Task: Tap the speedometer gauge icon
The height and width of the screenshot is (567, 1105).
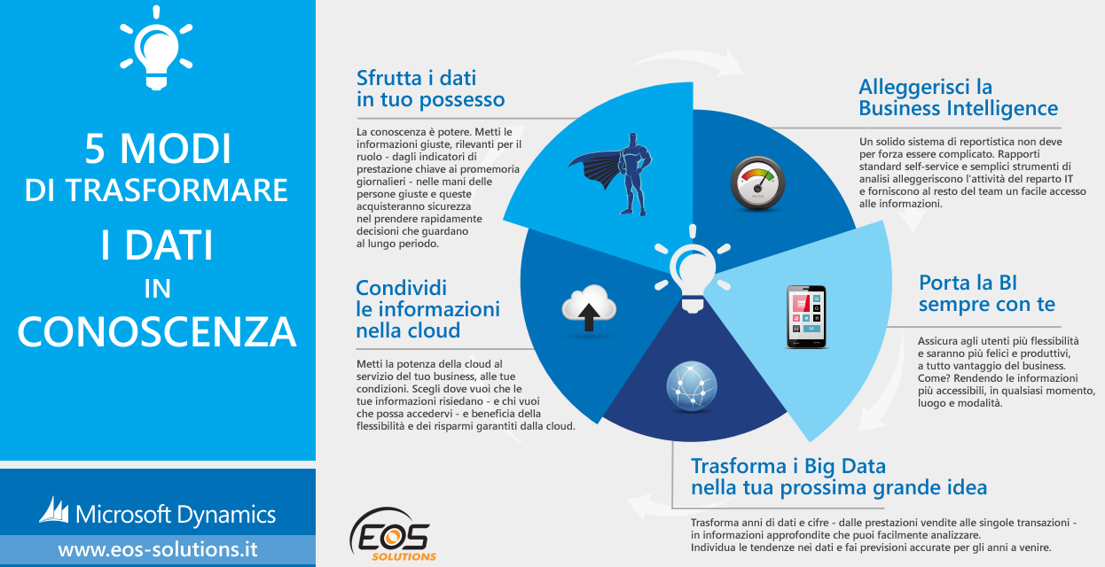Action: point(757,183)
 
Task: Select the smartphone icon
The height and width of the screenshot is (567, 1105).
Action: point(806,317)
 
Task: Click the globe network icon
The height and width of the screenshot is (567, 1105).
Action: point(692,385)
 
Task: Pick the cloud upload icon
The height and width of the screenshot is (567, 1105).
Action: point(589,308)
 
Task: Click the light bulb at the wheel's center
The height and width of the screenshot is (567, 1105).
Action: point(693,268)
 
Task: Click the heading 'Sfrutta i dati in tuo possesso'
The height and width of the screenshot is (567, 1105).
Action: point(430,89)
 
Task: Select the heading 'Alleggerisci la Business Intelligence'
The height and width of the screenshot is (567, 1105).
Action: point(958,97)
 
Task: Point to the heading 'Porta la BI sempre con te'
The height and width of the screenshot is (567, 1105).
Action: point(986,293)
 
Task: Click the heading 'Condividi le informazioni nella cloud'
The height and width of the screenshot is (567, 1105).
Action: point(427,309)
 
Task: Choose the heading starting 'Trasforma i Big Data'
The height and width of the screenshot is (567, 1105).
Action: point(839,477)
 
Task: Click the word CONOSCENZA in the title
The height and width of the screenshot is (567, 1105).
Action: point(157,331)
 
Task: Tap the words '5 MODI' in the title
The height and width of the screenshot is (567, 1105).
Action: point(158,148)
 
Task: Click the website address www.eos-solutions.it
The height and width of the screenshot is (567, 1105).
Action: point(158,549)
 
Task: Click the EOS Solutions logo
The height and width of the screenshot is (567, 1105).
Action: point(393,534)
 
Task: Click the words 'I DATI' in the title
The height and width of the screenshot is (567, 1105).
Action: point(157,245)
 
